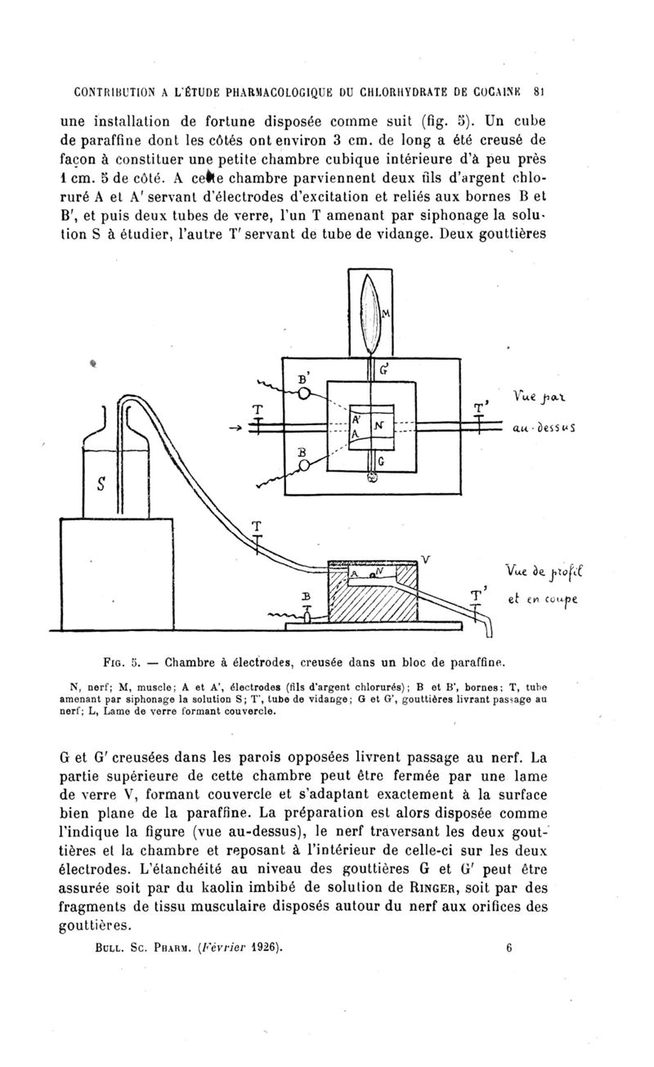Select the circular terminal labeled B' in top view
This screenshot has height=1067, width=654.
[304, 394]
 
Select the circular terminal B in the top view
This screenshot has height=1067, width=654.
[305, 465]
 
